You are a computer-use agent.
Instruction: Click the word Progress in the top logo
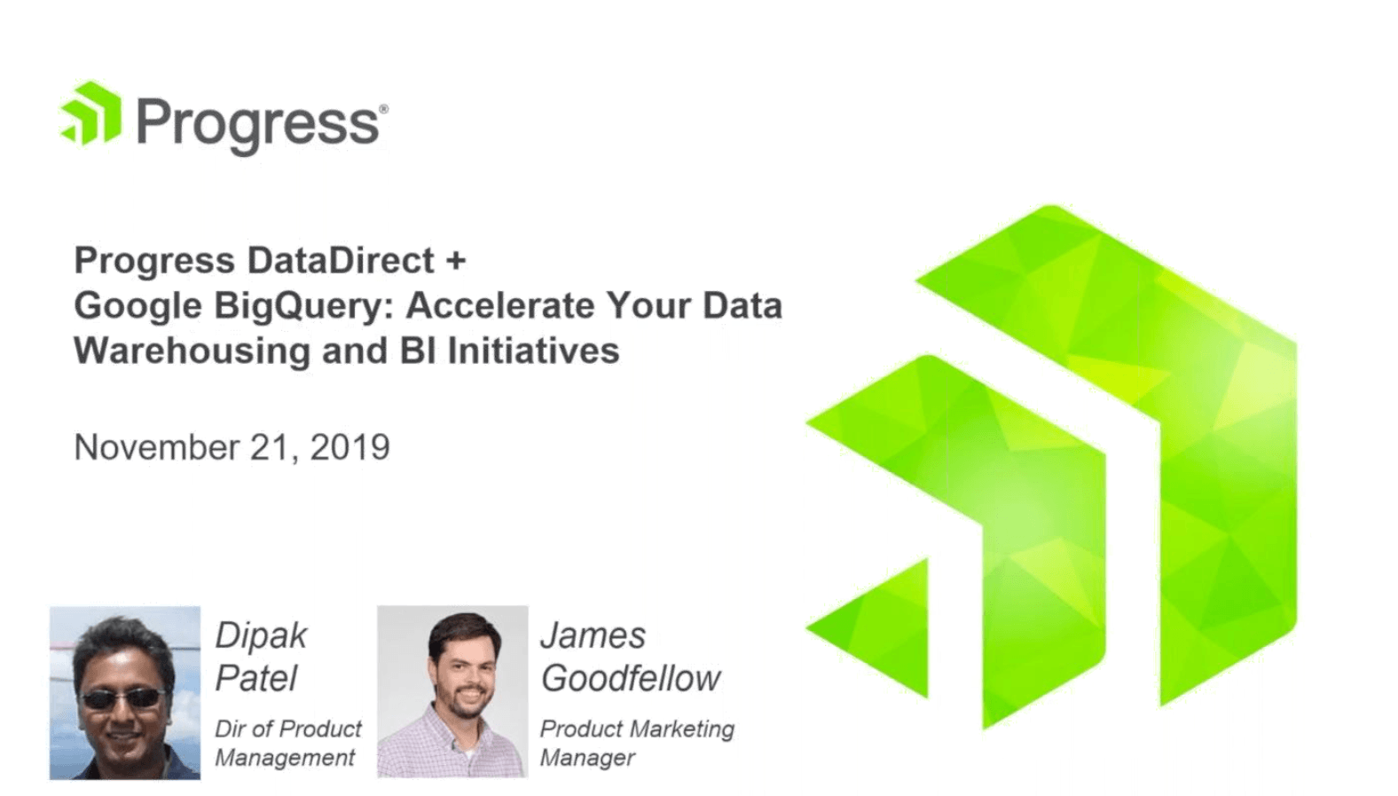click(257, 124)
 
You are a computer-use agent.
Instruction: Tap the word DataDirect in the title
click(341, 260)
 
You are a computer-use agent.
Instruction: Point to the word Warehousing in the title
click(192, 351)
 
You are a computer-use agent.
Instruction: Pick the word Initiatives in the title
click(533, 351)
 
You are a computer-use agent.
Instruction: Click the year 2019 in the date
click(349, 447)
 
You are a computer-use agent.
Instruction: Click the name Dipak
click(261, 635)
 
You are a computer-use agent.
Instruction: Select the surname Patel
click(255, 679)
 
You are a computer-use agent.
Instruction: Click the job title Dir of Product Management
click(287, 743)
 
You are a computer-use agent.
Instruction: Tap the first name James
click(593, 635)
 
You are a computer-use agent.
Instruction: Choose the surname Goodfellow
click(631, 679)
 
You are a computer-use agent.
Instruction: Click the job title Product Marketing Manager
click(636, 743)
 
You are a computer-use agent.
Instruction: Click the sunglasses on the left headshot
click(122, 699)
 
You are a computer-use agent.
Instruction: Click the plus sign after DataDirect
click(456, 260)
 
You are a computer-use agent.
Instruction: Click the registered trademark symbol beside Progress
click(383, 109)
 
